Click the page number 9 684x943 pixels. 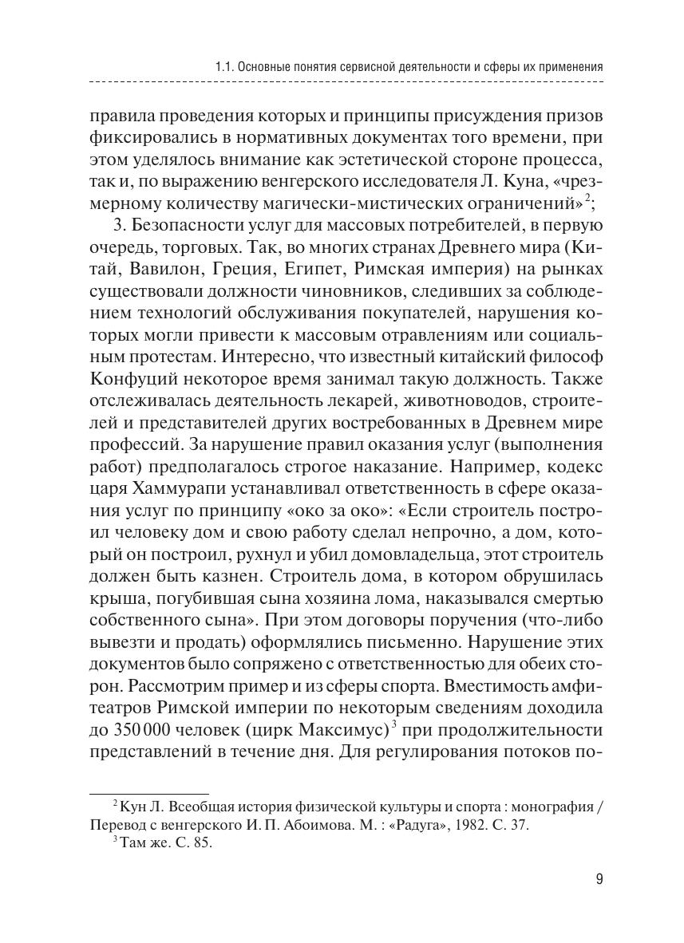click(599, 880)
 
